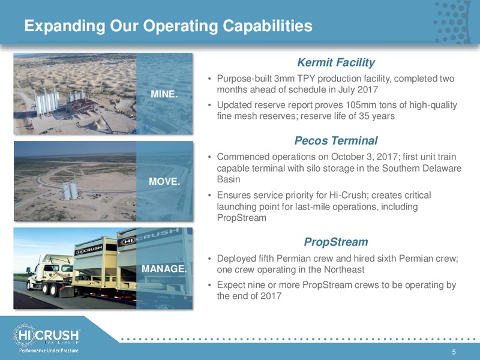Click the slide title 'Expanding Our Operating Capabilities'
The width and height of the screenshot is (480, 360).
(x=169, y=26)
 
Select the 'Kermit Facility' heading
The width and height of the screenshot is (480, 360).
(x=336, y=62)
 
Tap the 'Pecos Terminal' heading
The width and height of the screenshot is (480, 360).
(x=336, y=140)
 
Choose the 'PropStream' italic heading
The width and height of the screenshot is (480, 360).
(x=336, y=242)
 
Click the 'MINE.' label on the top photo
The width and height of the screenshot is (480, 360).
(x=164, y=94)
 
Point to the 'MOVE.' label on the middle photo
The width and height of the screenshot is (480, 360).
(x=164, y=182)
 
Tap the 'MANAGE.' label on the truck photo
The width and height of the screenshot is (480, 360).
(x=164, y=269)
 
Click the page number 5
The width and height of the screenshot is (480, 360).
(x=454, y=352)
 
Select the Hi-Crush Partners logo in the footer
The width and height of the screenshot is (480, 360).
(x=46, y=335)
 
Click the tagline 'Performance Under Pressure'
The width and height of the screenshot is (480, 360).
(x=49, y=350)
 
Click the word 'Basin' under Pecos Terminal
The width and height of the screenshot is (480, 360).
(x=229, y=179)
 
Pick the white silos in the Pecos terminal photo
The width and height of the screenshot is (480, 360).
(x=70, y=190)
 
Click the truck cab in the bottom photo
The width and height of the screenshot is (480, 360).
(x=50, y=274)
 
